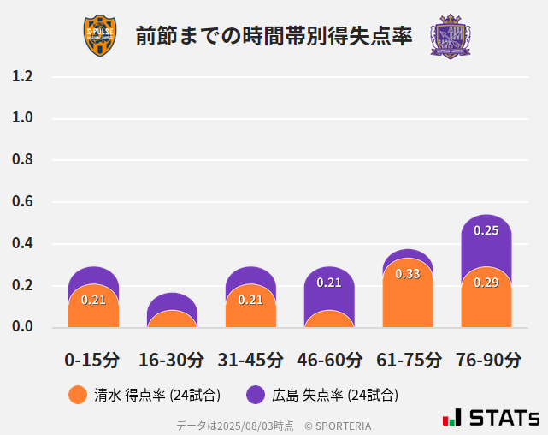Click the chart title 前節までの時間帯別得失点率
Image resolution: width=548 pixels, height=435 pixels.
(274, 36)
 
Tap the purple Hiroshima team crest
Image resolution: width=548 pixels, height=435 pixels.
(450, 36)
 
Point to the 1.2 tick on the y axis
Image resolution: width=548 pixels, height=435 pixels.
(23, 76)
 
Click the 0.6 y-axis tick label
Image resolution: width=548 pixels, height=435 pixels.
(23, 202)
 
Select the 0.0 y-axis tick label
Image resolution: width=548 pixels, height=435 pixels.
(23, 327)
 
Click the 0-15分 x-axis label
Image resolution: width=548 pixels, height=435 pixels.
(93, 360)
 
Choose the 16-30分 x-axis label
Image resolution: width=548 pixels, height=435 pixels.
(172, 360)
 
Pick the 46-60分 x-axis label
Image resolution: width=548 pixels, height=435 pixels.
(329, 360)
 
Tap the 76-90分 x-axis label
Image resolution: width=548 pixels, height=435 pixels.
(486, 360)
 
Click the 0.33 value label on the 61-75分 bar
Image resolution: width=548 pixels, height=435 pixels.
(408, 274)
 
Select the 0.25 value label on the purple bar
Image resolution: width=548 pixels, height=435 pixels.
(486, 230)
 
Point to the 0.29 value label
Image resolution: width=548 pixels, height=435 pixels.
(486, 283)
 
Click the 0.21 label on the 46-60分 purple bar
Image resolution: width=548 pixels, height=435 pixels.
(329, 283)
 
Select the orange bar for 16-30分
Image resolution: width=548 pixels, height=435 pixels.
(172, 319)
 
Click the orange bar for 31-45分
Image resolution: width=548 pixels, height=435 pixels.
(250, 308)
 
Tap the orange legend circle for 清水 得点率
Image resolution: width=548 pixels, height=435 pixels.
(77, 395)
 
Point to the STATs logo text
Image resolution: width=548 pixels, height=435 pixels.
(504, 419)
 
